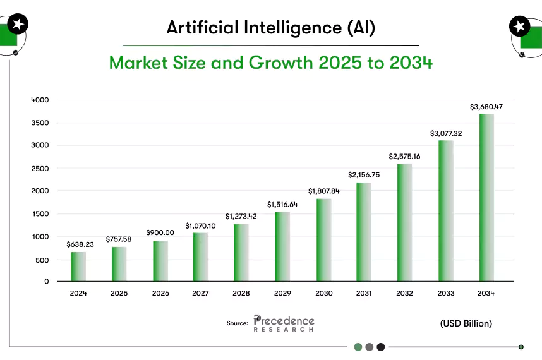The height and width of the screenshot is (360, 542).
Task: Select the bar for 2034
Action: (x=486, y=197)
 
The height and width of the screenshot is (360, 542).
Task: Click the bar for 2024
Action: (x=78, y=267)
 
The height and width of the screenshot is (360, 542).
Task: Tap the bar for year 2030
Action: (x=323, y=240)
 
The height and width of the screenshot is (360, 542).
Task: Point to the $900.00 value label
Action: (x=160, y=232)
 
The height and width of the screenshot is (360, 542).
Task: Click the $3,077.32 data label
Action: (x=446, y=133)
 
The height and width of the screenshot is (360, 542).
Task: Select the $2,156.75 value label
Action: (x=364, y=174)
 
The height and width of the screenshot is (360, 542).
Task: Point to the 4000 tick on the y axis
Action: (x=40, y=100)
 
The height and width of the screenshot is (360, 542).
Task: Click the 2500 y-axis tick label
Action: (x=40, y=168)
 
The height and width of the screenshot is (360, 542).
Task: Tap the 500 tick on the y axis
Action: (x=42, y=260)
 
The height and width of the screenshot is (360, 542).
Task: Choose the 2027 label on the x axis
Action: (x=201, y=293)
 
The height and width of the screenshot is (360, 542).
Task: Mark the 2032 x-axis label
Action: (x=405, y=293)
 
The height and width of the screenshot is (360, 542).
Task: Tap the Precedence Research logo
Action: (x=284, y=323)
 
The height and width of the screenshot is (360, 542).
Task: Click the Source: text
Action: (x=237, y=323)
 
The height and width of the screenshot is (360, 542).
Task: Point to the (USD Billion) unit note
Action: (x=466, y=323)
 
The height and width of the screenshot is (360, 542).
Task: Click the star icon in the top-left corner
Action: (x=17, y=25)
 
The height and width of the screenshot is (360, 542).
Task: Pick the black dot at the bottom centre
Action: (x=380, y=347)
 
